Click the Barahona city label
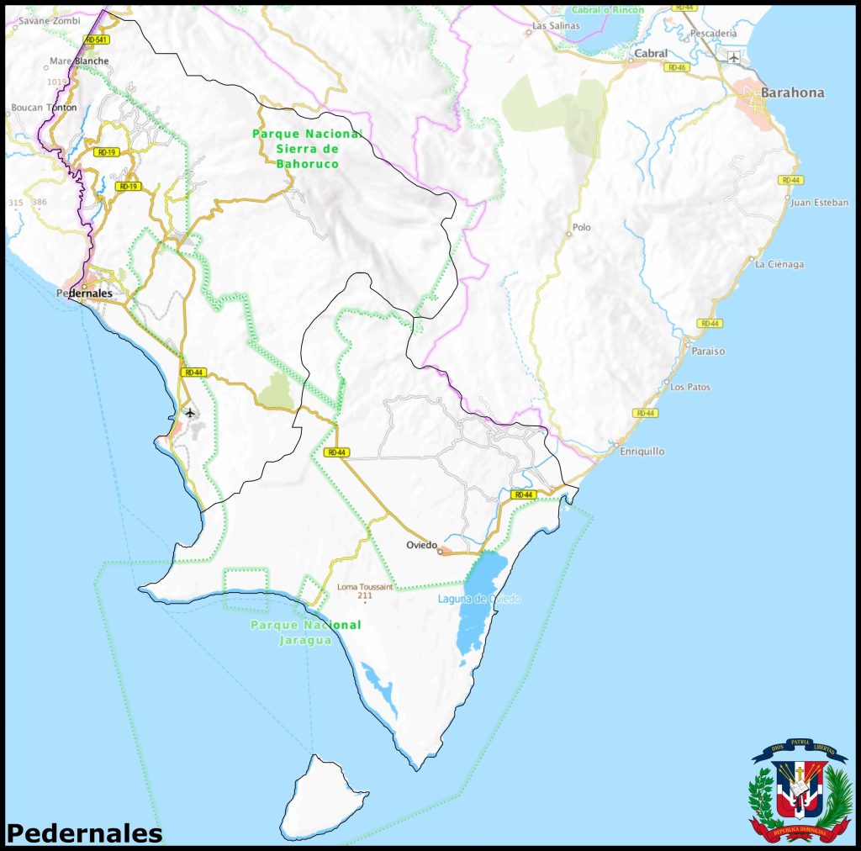click(x=792, y=92)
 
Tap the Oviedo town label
click(x=422, y=545)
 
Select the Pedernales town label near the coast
click(x=84, y=293)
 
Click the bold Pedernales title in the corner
click(x=84, y=832)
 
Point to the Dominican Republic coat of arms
click(x=800, y=790)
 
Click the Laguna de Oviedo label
click(x=479, y=599)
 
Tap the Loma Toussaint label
click(x=364, y=587)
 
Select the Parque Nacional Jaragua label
click(x=306, y=632)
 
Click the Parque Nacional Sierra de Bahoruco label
click(x=308, y=148)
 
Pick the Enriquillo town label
click(x=642, y=452)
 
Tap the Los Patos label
click(x=689, y=387)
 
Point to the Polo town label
click(x=581, y=227)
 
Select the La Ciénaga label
click(x=779, y=264)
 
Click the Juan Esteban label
click(x=820, y=203)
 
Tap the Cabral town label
click(x=652, y=53)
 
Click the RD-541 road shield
click(x=97, y=40)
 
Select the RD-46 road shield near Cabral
click(x=677, y=66)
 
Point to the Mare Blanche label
click(x=79, y=61)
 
